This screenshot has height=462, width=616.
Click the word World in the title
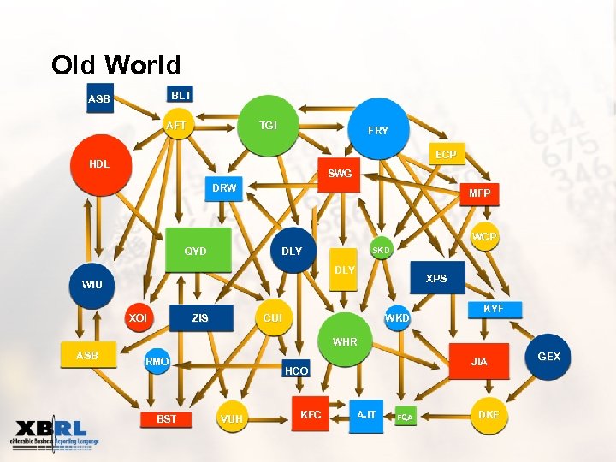point(144,65)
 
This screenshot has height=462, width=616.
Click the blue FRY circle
point(377,131)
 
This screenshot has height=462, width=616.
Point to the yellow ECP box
point(445,155)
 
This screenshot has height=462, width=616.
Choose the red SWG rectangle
point(339,173)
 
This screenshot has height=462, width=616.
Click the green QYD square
point(197,251)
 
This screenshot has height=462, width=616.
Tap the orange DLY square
point(344,270)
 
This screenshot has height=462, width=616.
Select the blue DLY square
point(292,251)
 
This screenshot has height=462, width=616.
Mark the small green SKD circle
point(381,250)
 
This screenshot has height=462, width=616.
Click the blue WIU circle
point(92,284)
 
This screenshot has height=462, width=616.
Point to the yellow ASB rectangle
point(87,356)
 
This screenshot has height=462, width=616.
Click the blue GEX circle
point(548,356)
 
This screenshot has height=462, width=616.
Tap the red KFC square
point(311,415)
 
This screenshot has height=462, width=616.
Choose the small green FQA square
point(405,417)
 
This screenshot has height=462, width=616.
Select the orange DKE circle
point(489,414)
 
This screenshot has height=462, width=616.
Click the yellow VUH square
point(231,418)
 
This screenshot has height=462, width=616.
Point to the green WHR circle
point(345,342)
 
